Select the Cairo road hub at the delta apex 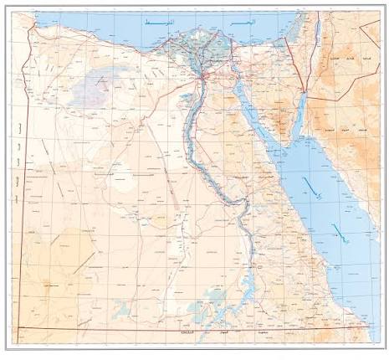click(203, 78)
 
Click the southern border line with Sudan click(167, 330)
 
